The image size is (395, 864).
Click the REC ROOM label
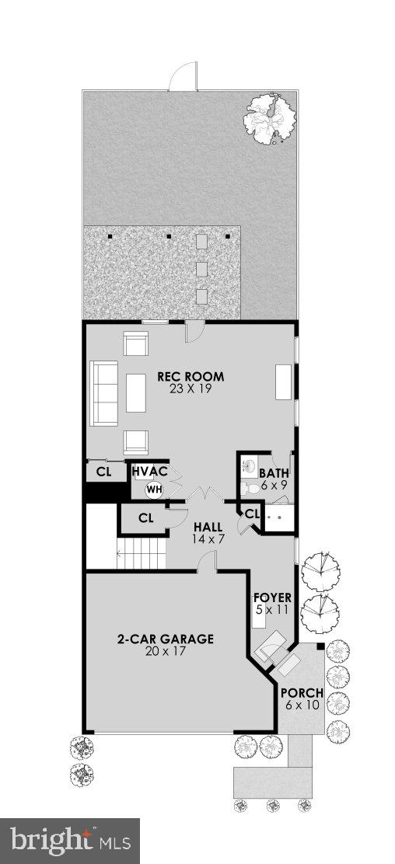coord(191,377)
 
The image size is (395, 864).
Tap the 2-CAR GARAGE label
coord(166,639)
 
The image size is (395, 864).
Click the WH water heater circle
coord(154,489)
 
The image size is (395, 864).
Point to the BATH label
coord(274,473)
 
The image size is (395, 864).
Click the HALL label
coord(208,526)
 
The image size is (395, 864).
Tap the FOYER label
coord(272,597)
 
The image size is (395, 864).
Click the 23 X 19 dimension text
coord(191,388)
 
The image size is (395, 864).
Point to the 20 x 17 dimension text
coord(166,652)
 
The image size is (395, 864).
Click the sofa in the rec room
coord(105,392)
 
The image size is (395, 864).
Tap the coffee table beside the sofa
coord(136,392)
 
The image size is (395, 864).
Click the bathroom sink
coord(249,467)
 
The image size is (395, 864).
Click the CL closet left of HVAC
coord(104,472)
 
